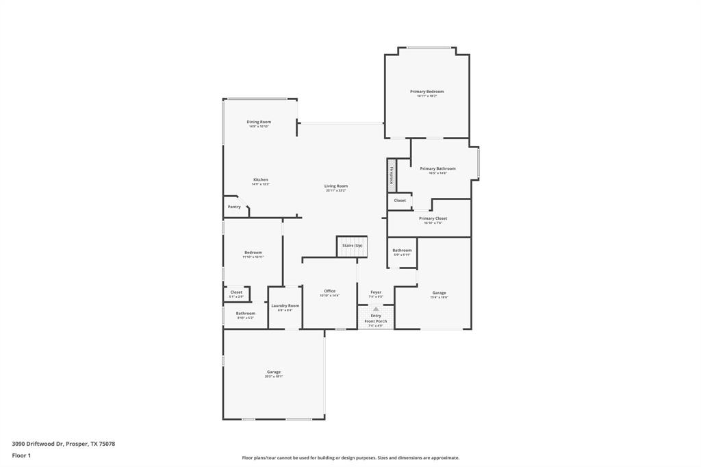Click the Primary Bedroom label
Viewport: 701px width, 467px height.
(x=426, y=92)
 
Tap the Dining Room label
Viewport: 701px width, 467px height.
(x=259, y=122)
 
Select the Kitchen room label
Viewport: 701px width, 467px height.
(x=260, y=179)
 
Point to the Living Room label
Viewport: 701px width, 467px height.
(x=335, y=186)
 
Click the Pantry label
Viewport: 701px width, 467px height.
(x=234, y=207)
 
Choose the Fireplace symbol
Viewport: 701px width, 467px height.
(x=392, y=175)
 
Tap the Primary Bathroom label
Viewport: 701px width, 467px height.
(x=437, y=168)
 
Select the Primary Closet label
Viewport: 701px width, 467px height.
(x=433, y=218)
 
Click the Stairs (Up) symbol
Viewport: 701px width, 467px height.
(x=353, y=246)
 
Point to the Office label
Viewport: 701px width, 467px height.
(x=330, y=291)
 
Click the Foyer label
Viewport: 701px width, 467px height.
(x=376, y=292)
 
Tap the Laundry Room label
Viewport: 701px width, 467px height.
(x=285, y=306)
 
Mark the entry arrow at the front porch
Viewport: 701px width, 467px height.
(x=376, y=309)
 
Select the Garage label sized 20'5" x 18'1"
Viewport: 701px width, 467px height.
(x=274, y=373)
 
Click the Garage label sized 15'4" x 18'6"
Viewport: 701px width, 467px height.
(x=439, y=293)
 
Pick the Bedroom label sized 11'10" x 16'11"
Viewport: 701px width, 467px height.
(x=253, y=253)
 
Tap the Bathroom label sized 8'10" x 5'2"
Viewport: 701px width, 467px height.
(x=245, y=314)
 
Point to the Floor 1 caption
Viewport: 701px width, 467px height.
(x=22, y=455)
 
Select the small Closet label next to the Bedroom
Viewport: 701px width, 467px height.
(x=236, y=292)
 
